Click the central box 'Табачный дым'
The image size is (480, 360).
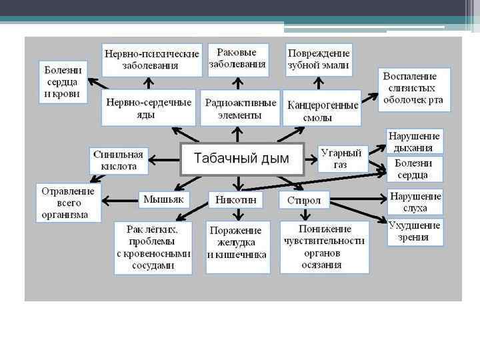(x=242, y=159)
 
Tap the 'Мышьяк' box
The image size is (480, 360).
(x=165, y=199)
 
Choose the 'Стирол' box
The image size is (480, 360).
(x=305, y=200)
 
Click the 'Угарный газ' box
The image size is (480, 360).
(x=343, y=159)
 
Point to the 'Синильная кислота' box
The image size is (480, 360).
(x=118, y=160)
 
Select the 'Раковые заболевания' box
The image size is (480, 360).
(x=237, y=59)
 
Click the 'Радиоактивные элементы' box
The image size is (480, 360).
(x=241, y=108)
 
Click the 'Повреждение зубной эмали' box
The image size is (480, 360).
(x=319, y=59)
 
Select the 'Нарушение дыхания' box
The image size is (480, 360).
(x=414, y=141)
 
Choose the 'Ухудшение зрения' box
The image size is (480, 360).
(x=415, y=231)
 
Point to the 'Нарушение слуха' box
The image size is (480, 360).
(x=415, y=202)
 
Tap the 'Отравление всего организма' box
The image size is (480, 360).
(x=68, y=203)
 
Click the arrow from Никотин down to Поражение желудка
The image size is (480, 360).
(x=237, y=213)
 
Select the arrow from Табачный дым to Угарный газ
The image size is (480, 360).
(x=311, y=159)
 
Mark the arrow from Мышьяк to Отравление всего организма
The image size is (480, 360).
(x=121, y=199)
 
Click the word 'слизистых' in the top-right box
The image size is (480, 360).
(x=413, y=87)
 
